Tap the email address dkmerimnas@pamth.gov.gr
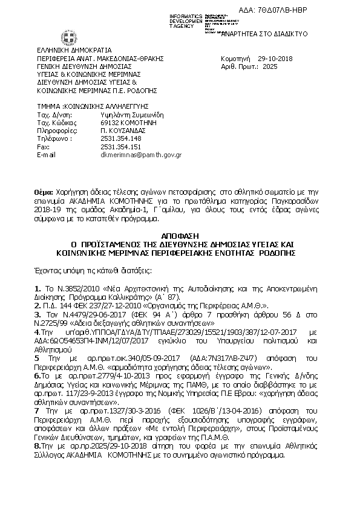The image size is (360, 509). point(140,155)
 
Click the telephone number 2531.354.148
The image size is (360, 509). point(121,138)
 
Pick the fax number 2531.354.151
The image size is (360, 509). point(121,146)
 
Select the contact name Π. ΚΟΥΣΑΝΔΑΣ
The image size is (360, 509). point(121,129)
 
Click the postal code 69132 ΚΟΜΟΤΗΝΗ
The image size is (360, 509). point(125,122)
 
